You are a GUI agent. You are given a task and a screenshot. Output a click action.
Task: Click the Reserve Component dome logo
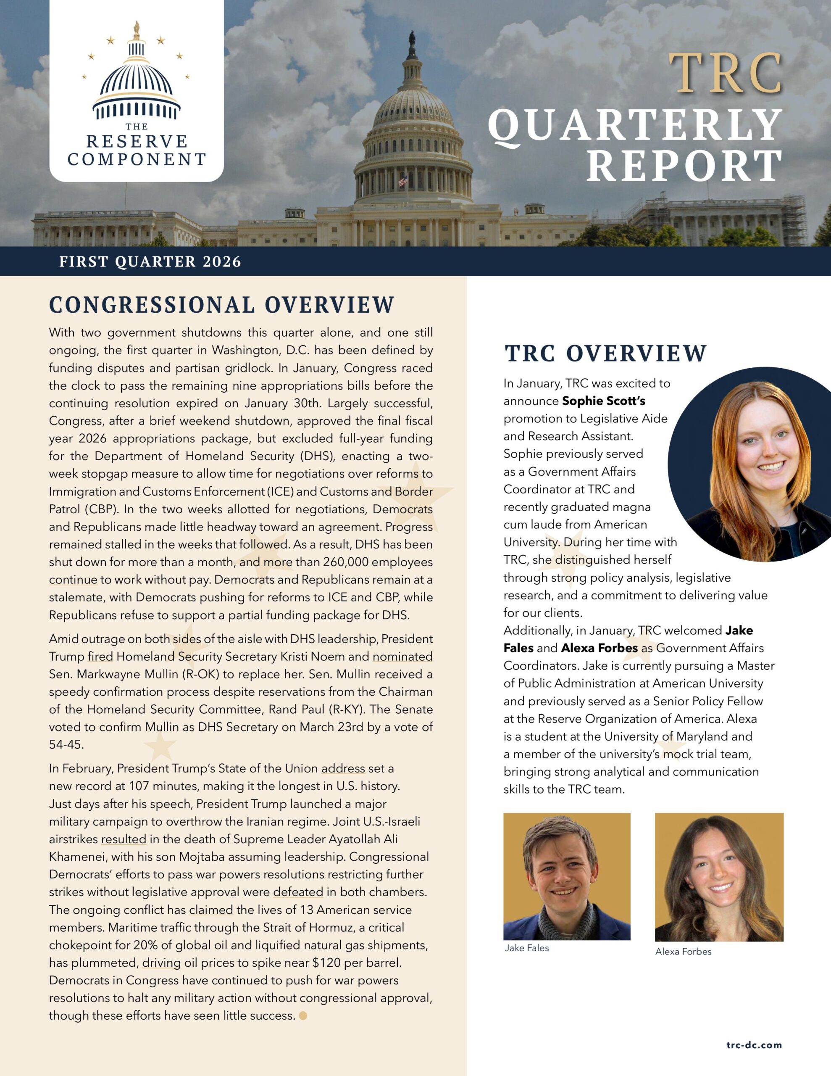click(x=137, y=74)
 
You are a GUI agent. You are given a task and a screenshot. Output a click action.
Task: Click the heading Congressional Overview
click(x=222, y=305)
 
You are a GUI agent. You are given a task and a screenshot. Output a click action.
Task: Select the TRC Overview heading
click(x=605, y=353)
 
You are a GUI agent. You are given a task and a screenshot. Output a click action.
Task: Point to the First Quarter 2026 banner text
click(x=150, y=261)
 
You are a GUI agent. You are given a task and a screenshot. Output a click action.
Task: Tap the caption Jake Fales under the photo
click(x=526, y=948)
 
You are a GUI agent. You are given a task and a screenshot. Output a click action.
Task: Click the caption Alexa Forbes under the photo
click(x=683, y=951)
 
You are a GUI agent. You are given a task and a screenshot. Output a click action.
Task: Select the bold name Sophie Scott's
click(x=603, y=401)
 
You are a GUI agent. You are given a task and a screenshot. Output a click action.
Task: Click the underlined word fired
click(x=100, y=657)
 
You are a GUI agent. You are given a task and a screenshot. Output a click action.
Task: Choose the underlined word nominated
click(x=402, y=657)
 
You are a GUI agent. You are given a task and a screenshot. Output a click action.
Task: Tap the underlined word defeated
click(x=298, y=892)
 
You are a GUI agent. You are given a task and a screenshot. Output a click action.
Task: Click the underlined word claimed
click(x=211, y=910)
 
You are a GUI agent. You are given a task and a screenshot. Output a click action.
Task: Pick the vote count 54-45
click(x=66, y=745)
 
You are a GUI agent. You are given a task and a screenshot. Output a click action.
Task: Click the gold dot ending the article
click(x=303, y=1015)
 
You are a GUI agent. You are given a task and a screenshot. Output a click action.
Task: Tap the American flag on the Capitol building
click(x=403, y=181)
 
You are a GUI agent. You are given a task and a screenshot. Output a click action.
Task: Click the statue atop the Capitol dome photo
click(x=412, y=37)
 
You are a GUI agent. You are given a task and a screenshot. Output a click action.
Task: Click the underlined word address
click(x=343, y=769)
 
